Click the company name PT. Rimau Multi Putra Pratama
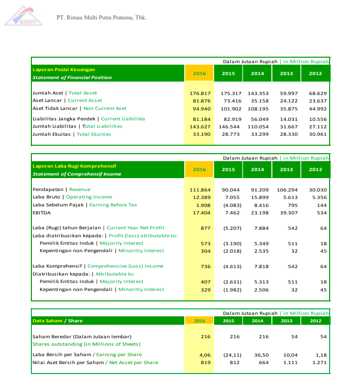[x=102, y=18]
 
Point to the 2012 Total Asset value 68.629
[x=317, y=94]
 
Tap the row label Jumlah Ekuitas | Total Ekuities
[x=72, y=134]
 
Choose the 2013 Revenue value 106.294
[x=287, y=190]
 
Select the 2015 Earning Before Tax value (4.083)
[x=230, y=205]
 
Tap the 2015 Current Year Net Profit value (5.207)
[x=230, y=228]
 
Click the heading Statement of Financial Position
[x=72, y=78]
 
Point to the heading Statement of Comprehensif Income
[x=77, y=174]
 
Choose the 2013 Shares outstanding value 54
[x=294, y=337]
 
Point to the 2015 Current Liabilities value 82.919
[x=230, y=119]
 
